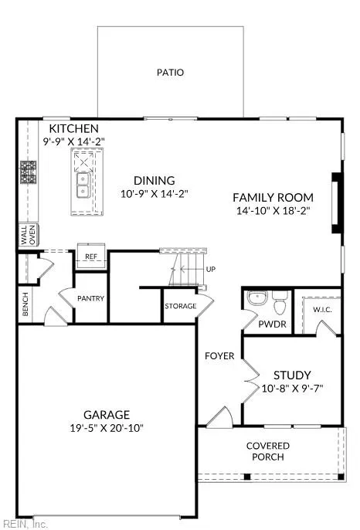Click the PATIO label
[x=171, y=73]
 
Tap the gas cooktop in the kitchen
[x=29, y=172]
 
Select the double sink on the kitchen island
[x=83, y=185]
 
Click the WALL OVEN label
[x=28, y=235]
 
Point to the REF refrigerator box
[x=91, y=256]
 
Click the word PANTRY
[x=90, y=298]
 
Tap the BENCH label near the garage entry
[x=25, y=304]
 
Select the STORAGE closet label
[x=181, y=306]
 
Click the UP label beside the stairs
[x=211, y=270]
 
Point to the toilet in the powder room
[x=280, y=302]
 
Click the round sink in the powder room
[x=257, y=297]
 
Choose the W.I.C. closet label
[x=322, y=310]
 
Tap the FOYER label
[x=219, y=356]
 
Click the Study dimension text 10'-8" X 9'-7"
[x=292, y=389]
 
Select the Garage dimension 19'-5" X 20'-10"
[x=107, y=428]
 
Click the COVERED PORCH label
[x=268, y=451]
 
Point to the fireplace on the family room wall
[x=337, y=202]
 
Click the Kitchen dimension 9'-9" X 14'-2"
[x=74, y=141]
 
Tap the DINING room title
[x=155, y=181]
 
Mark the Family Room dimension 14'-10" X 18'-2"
[x=273, y=211]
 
